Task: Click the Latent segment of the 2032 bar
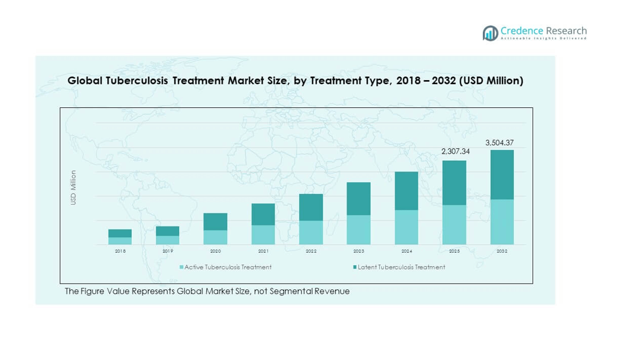tap(501, 174)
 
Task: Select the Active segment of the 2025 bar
tap(454, 225)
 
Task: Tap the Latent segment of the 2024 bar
tap(406, 191)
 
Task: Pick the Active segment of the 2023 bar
tap(358, 230)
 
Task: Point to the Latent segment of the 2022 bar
tap(311, 207)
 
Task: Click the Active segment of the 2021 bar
tap(263, 235)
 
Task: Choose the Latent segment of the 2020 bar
tap(215, 221)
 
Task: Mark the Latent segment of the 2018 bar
tap(120, 233)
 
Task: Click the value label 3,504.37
tap(500, 143)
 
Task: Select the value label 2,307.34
tap(456, 152)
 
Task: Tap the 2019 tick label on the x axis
tap(168, 251)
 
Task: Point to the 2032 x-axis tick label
tap(501, 251)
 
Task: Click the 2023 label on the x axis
tap(358, 251)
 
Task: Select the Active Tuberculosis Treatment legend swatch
tap(182, 267)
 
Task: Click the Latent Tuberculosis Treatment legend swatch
tap(355, 267)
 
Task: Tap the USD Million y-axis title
tap(74, 188)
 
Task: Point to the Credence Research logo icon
tap(490, 33)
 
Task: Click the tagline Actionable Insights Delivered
tap(543, 39)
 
